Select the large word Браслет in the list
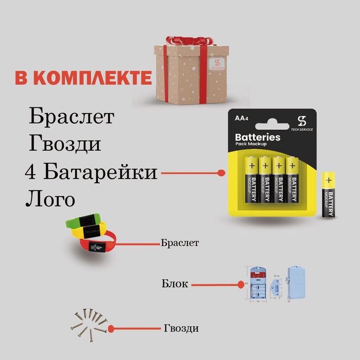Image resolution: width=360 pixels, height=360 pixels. pyautogui.click(x=71, y=116)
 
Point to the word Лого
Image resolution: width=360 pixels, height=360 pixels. pyautogui.click(x=49, y=199)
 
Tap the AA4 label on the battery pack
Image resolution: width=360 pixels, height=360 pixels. pyautogui.click(x=241, y=118)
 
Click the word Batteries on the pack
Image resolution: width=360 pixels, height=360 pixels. pyautogui.click(x=258, y=137)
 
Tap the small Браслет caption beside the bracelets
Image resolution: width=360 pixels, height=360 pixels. pyautogui.click(x=180, y=242)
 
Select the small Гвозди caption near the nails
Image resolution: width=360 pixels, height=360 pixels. pyautogui.click(x=181, y=328)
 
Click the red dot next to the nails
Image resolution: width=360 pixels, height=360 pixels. pyautogui.click(x=110, y=328)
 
